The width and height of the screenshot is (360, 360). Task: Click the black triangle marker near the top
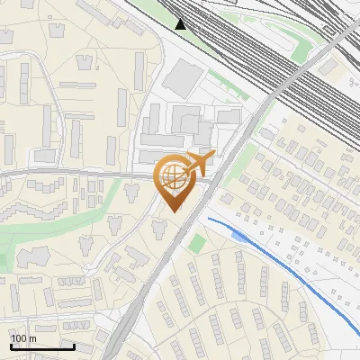pyautogui.click(x=182, y=23)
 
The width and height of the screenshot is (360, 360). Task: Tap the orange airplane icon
pyautogui.click(x=201, y=163)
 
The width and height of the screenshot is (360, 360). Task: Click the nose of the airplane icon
pyautogui.click(x=213, y=156)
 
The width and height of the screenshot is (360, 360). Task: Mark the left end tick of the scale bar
pyautogui.click(x=11, y=346)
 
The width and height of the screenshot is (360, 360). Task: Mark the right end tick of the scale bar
pyautogui.click(x=74, y=346)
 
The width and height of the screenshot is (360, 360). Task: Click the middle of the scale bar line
pyautogui.click(x=42, y=347)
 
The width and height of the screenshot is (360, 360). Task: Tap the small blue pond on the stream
pyautogui.click(x=238, y=234)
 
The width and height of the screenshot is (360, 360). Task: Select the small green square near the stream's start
pyautogui.click(x=197, y=243)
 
